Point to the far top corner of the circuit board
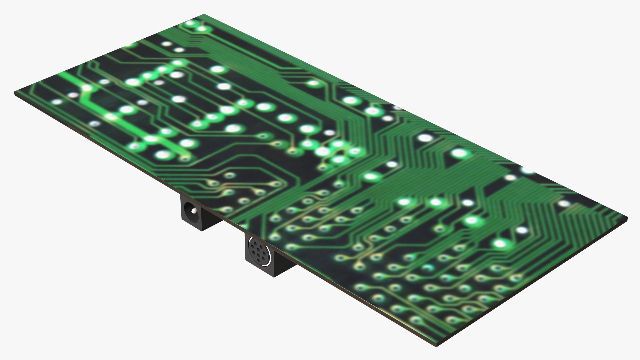204,15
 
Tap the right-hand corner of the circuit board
627,219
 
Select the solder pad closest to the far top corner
191,23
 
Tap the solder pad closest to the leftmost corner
57,102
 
